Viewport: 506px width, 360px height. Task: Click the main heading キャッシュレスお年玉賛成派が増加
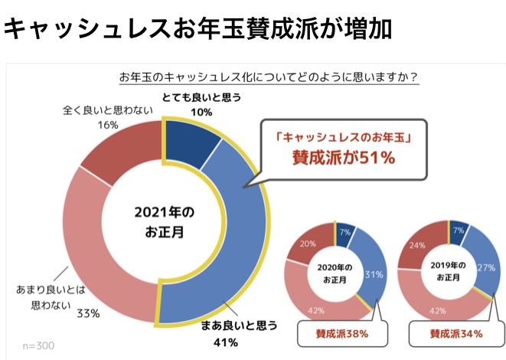(x=198, y=29)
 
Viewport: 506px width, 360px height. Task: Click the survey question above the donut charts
(x=269, y=77)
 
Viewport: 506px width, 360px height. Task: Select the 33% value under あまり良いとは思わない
(x=88, y=312)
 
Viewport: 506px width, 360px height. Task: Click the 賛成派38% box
(x=342, y=334)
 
